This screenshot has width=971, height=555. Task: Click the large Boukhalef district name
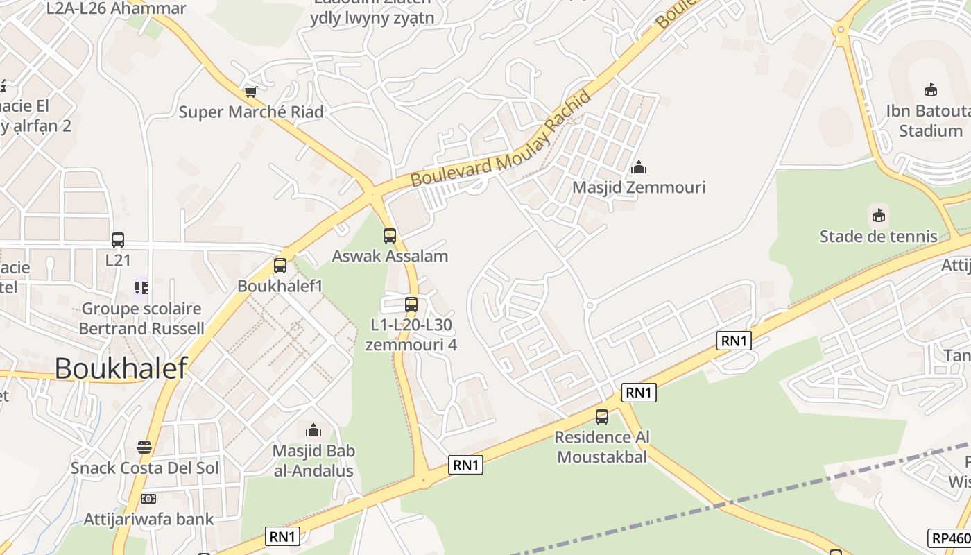click(x=121, y=368)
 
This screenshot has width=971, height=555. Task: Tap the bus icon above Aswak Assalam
click(x=390, y=236)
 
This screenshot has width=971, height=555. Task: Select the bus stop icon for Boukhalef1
click(x=280, y=266)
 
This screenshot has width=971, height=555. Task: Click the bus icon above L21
click(x=118, y=240)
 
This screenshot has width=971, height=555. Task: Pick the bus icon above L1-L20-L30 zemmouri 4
click(x=411, y=304)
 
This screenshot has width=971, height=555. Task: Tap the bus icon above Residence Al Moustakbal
click(x=602, y=417)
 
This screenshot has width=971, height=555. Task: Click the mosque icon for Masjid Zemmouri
click(x=639, y=167)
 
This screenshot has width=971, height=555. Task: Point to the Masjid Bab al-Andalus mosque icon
click(x=313, y=430)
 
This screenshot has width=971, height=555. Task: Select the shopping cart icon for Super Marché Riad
click(x=251, y=92)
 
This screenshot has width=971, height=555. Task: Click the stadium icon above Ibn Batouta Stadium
click(x=931, y=89)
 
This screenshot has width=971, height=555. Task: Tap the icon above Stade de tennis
click(x=879, y=214)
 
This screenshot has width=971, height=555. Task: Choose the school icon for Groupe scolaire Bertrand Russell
click(x=141, y=287)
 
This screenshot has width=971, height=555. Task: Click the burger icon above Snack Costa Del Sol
click(x=144, y=447)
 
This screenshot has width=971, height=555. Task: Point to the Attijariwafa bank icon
click(x=148, y=499)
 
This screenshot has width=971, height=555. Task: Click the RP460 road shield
click(x=949, y=538)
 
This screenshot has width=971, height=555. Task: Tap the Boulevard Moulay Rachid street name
click(x=501, y=139)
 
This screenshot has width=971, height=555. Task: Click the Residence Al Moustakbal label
click(x=602, y=447)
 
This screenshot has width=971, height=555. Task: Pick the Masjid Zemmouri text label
click(x=639, y=187)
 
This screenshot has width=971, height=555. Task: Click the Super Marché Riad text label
click(x=251, y=112)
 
